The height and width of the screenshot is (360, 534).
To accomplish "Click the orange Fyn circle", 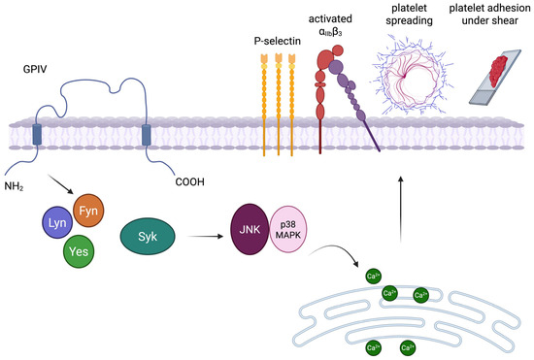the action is pyautogui.click(x=88, y=211).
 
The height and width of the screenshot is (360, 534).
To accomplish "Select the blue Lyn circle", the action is pyautogui.click(x=57, y=222).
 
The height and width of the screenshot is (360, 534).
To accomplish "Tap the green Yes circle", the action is pyautogui.click(x=79, y=251).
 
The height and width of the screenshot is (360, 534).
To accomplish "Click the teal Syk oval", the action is pyautogui.click(x=148, y=236).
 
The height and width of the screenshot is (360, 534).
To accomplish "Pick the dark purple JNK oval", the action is pyautogui.click(x=250, y=229).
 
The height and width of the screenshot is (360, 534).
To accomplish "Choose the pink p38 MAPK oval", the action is pyautogui.click(x=288, y=229).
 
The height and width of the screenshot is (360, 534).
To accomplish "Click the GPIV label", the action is pyautogui.click(x=35, y=70).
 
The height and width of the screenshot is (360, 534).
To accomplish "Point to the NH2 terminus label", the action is pyautogui.click(x=14, y=186).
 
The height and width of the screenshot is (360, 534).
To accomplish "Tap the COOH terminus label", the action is pyautogui.click(x=189, y=182).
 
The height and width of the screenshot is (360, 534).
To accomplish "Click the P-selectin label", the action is pyautogui.click(x=278, y=41).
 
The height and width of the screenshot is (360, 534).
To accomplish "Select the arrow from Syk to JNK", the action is pyautogui.click(x=205, y=236).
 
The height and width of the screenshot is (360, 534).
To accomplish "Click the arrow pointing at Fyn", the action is pyautogui.click(x=60, y=184).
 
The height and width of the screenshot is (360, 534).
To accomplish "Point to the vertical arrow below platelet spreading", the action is pyautogui.click(x=401, y=210).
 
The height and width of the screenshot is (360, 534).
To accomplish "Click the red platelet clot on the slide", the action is pyautogui.click(x=498, y=71).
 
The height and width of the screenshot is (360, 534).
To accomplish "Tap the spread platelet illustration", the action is pyautogui.click(x=412, y=74).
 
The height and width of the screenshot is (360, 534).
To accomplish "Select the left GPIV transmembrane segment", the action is pyautogui.click(x=37, y=135).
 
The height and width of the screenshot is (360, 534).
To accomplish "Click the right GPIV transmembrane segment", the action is pyautogui.click(x=146, y=135).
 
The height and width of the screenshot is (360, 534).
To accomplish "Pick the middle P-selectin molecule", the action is pyautogui.click(x=279, y=105).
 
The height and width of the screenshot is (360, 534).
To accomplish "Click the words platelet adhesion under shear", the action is pyautogui.click(x=489, y=14).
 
